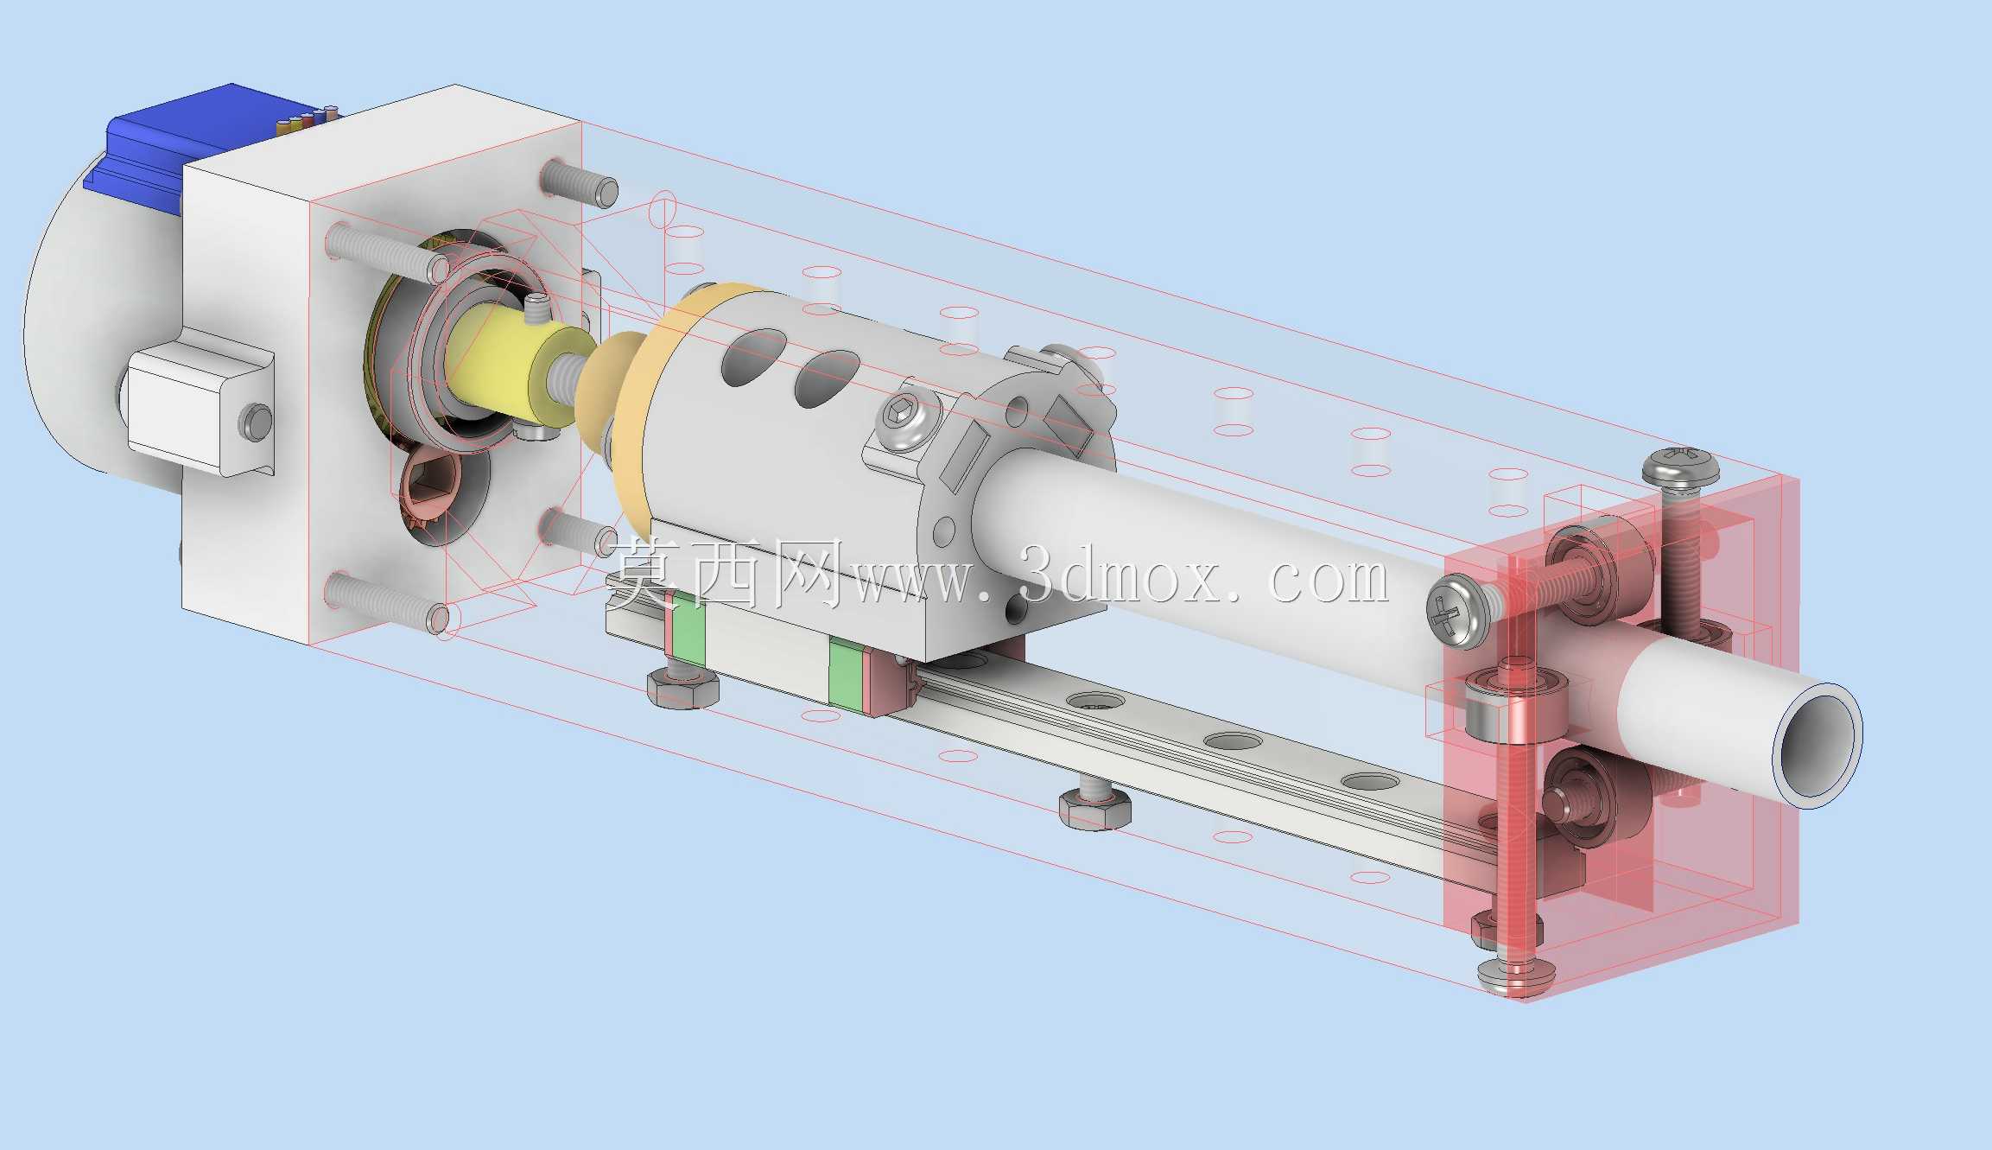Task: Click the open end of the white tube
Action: (x=1814, y=744)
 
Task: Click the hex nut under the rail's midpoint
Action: (x=1095, y=810)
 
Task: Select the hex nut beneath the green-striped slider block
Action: (x=683, y=686)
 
